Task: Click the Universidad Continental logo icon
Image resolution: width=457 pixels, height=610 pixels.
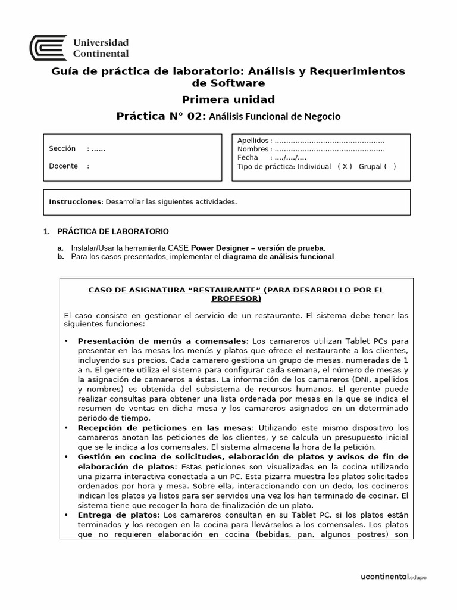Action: coord(48,48)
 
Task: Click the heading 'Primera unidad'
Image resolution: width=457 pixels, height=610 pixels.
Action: coord(228,99)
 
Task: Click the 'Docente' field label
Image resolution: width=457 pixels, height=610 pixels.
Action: coord(64,166)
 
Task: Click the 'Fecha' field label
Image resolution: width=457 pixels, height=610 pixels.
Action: coord(248,158)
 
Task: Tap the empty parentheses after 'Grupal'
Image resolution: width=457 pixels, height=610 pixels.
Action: coord(390,167)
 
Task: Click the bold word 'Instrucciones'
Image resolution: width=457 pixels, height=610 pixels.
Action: coord(76,201)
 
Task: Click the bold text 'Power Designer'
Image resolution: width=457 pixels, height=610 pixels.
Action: coord(217,248)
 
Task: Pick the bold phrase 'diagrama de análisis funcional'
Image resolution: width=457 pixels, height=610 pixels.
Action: coord(278,257)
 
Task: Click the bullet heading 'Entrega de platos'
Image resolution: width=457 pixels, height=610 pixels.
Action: coord(118,514)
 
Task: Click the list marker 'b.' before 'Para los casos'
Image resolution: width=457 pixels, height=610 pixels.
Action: coord(60,257)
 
